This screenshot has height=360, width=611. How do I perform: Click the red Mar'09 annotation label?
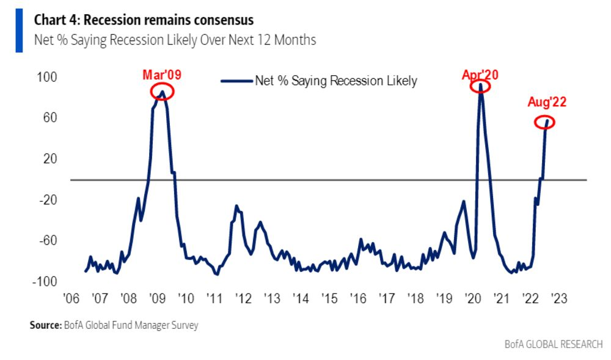[x=162, y=75]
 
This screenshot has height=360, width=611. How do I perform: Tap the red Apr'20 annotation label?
[x=480, y=75]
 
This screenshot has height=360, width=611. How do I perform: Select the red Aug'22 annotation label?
[x=547, y=102]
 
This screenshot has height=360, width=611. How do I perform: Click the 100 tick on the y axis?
[x=47, y=77]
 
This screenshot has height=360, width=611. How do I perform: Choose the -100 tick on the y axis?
[x=45, y=281]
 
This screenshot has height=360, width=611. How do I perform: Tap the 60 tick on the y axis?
[x=50, y=118]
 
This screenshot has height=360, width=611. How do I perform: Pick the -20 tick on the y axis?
[x=48, y=200]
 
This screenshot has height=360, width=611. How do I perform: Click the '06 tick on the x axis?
[x=71, y=298]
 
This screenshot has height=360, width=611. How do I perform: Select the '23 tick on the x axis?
[x=559, y=298]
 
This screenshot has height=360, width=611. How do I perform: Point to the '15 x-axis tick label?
[x=329, y=298]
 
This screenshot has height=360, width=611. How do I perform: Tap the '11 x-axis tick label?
[x=214, y=298]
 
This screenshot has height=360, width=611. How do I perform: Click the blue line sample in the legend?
[x=236, y=81]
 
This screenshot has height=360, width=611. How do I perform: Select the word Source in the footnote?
[x=45, y=325]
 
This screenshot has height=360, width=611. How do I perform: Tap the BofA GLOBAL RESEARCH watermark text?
[x=554, y=345]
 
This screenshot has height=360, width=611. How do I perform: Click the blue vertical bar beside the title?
[x=19, y=31]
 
